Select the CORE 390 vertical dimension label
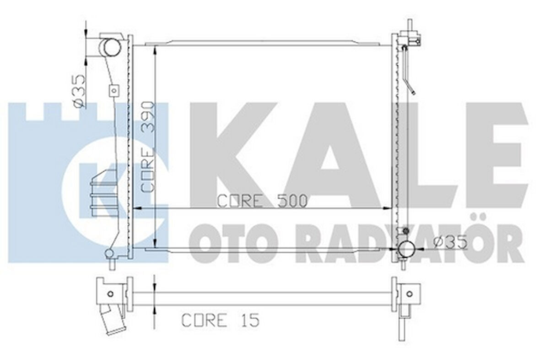[149, 147]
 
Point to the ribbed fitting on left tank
[103, 192]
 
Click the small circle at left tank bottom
[109, 253]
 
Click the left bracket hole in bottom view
[110, 294]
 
